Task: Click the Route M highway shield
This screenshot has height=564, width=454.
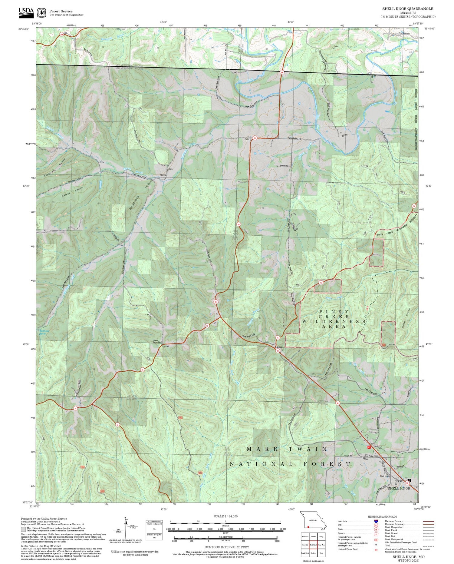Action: pos(117,424)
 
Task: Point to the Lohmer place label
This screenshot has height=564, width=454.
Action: pos(166,346)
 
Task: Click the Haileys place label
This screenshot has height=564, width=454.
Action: pos(163,175)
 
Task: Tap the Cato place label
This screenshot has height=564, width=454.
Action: pos(247,139)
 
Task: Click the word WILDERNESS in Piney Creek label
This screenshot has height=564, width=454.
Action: pos(334,321)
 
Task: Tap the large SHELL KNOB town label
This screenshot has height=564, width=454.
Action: pos(399,488)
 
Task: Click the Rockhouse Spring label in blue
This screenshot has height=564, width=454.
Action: pos(43,332)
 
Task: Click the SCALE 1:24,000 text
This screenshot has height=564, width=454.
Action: pos(225,516)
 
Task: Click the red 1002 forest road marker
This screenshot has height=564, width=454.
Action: pos(180,418)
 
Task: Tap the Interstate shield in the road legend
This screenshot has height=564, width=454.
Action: pos(376,521)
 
